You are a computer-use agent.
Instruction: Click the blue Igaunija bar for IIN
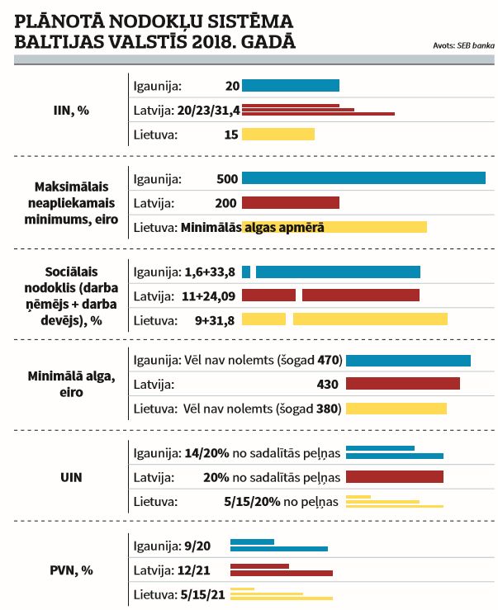pyautogui.click(x=290, y=85)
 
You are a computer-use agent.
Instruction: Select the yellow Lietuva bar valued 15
pyautogui.click(x=277, y=135)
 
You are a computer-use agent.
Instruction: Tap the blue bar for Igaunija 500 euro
pyautogui.click(x=363, y=178)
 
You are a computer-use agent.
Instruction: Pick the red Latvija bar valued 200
pyautogui.click(x=290, y=203)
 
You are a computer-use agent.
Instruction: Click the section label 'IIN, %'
pyautogui.click(x=71, y=111)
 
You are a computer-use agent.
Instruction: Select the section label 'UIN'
pyautogui.click(x=71, y=477)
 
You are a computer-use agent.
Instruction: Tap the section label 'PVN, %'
pyautogui.click(x=71, y=570)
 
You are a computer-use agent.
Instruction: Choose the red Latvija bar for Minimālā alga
pyautogui.click(x=402, y=384)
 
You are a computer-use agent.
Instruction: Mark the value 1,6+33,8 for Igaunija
pyautogui.click(x=210, y=272)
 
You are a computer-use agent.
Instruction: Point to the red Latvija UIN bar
pyautogui.click(x=394, y=477)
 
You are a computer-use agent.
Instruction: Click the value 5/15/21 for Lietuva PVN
pyautogui.click(x=203, y=593)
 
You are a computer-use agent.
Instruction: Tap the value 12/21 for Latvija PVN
pyautogui.click(x=207, y=570)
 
